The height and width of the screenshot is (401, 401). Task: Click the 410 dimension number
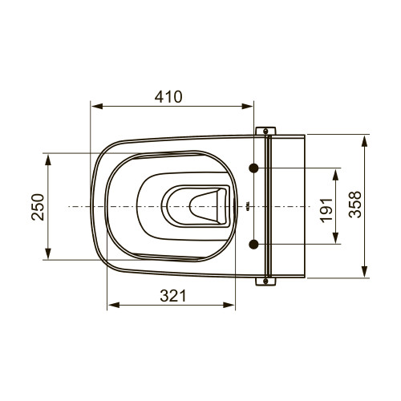coord(168,97)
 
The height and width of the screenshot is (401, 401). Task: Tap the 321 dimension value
coord(172,296)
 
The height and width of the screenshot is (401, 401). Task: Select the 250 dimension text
coord(38,207)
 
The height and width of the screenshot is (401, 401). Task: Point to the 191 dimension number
coord(326,210)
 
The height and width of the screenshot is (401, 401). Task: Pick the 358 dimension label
coord(355,205)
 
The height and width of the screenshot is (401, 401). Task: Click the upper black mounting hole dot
coord(253,168)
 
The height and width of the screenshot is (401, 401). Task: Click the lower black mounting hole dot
coord(253,244)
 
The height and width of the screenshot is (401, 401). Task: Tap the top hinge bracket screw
coord(265,131)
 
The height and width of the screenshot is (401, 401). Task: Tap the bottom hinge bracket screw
coord(265,281)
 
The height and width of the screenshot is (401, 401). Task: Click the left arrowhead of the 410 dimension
coord(97,107)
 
